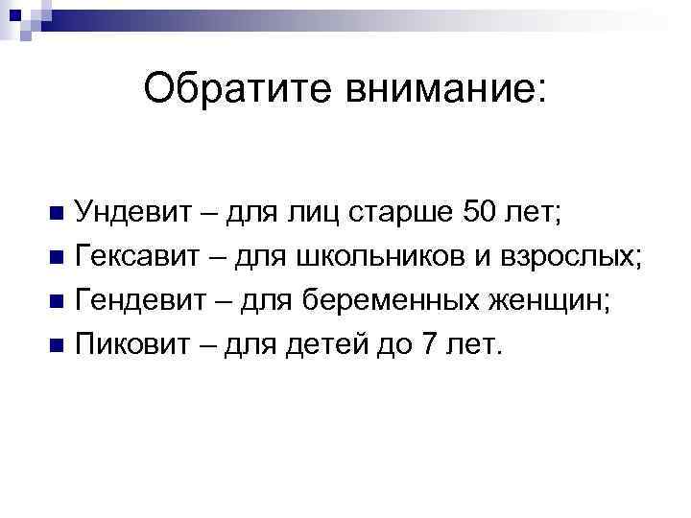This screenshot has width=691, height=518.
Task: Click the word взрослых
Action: coord(575,255)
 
